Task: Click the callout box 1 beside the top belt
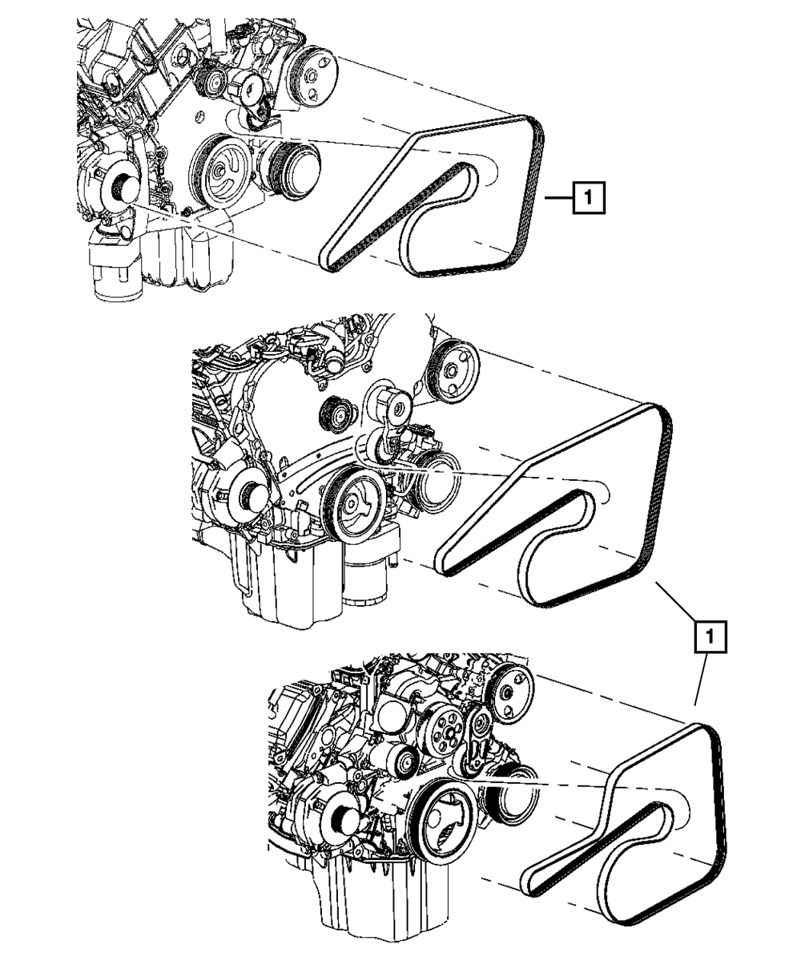click(589, 197)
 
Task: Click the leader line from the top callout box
click(557, 197)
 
